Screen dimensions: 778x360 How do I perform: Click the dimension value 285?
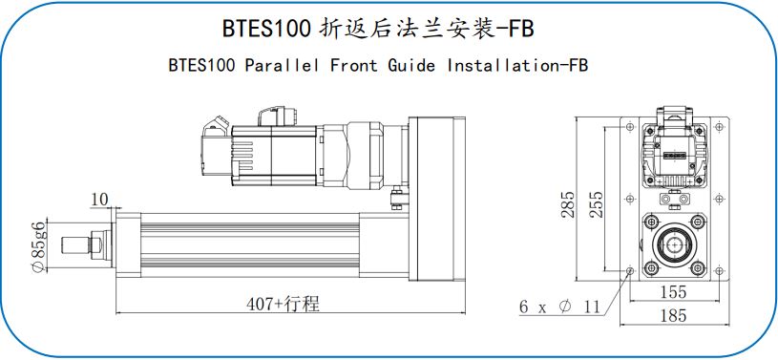[x=568, y=203]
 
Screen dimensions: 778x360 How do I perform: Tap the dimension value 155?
[x=673, y=292]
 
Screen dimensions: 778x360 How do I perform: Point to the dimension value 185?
[x=673, y=315]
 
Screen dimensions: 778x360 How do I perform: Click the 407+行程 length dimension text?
[x=284, y=304]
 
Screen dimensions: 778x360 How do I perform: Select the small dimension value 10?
[x=99, y=200]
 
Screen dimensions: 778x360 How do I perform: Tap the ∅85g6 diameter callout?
[x=37, y=246]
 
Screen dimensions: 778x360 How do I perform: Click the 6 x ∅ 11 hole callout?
[x=559, y=307]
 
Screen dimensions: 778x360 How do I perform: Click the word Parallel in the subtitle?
[x=282, y=66]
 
